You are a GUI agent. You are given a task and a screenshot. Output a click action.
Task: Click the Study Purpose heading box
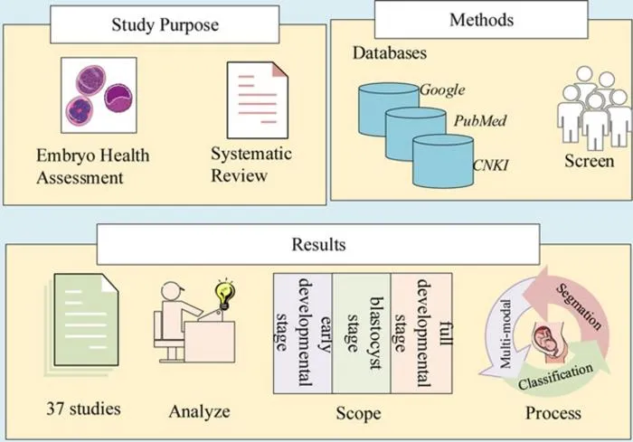[165, 24]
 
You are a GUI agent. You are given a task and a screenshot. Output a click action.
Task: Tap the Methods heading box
[481, 19]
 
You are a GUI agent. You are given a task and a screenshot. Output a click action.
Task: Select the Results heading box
[318, 244]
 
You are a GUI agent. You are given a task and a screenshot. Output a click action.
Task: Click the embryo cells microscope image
[99, 95]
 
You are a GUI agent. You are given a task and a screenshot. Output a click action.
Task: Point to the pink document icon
[258, 100]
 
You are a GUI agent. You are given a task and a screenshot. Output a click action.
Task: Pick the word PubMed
[480, 121]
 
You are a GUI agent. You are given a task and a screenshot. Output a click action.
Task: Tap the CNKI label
[490, 165]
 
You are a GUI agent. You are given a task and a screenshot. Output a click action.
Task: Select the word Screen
[589, 161]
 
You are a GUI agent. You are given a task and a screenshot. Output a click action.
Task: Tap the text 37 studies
[83, 409]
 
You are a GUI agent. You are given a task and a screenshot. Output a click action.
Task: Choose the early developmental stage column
[303, 334]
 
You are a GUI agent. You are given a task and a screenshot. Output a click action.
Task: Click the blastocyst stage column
[362, 334]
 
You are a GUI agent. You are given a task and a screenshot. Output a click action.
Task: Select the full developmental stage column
[421, 334]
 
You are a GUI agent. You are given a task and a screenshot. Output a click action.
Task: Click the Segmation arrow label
[579, 306]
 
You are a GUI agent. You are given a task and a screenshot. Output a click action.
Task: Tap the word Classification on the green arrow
[555, 376]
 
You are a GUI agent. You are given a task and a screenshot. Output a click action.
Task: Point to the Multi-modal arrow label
[505, 334]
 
